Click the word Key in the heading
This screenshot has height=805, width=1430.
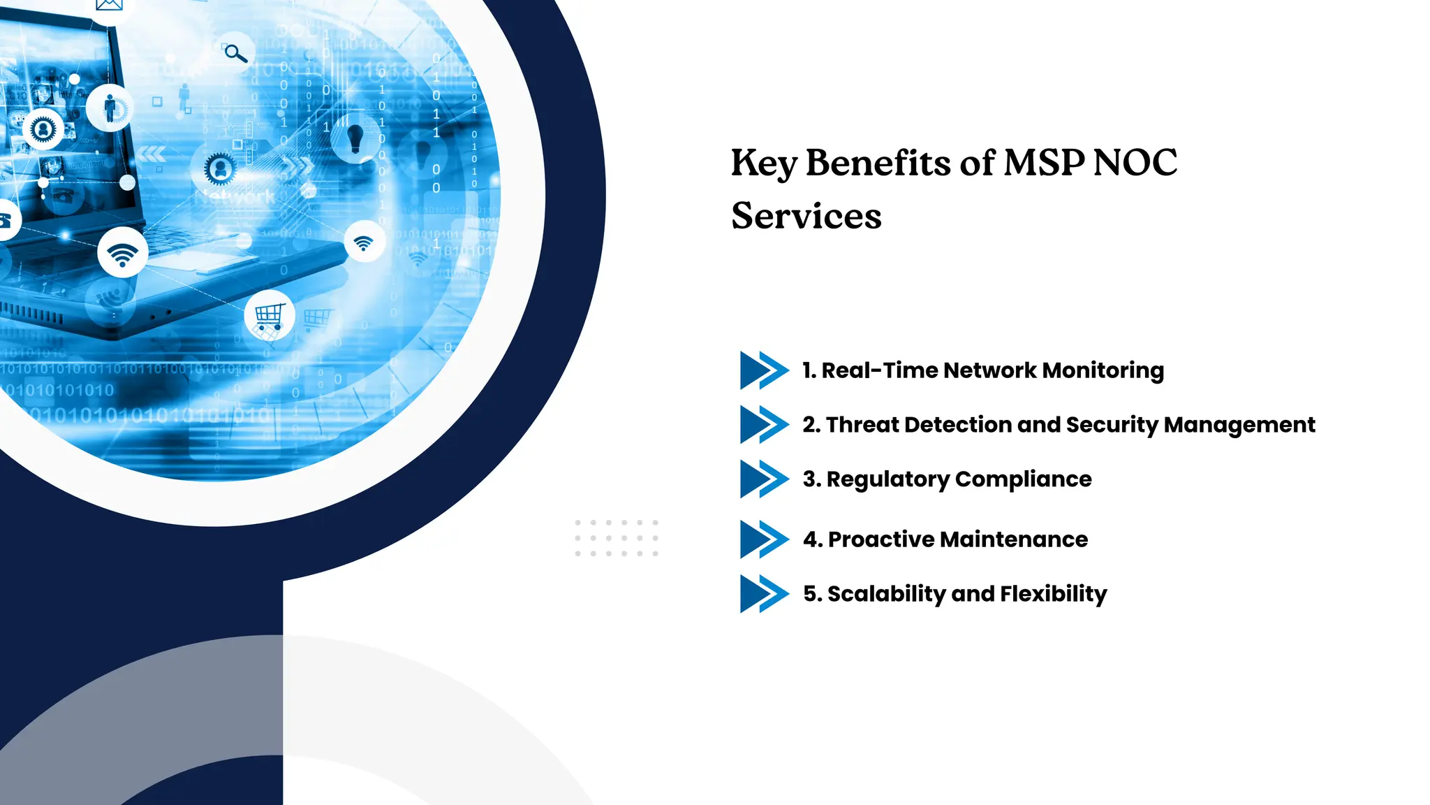coord(764,163)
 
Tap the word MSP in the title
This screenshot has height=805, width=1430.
coord(1044,163)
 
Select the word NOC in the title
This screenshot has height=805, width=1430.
coord(1135,163)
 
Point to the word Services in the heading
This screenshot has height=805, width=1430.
coord(806,216)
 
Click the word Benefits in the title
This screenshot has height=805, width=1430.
coord(878,163)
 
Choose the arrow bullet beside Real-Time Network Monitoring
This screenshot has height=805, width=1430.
coord(764,370)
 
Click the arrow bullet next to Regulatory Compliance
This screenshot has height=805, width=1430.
coord(764,479)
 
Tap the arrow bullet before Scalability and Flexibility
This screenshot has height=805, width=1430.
coord(764,594)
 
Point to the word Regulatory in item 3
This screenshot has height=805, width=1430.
coord(887,479)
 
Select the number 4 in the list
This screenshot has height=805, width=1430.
coord(811,539)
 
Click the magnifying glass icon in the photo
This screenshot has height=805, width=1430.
coord(235,52)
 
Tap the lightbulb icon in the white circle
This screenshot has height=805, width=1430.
coord(355,138)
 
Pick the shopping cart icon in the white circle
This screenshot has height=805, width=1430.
coord(270,317)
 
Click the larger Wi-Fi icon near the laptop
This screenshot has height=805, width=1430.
coord(123,253)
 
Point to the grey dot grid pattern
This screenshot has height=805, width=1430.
coord(617,538)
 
